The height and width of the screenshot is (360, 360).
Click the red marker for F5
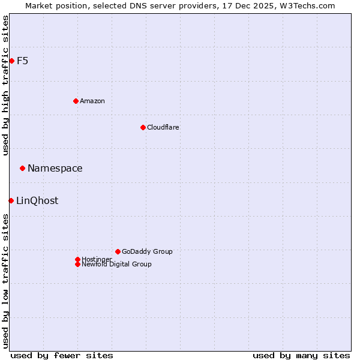(x=11, y=61)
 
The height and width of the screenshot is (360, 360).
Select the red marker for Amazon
(x=76, y=101)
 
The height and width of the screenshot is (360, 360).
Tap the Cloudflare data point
(x=143, y=127)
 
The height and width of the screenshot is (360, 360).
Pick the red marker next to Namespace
(x=22, y=168)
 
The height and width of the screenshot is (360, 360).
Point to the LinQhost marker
(x=11, y=200)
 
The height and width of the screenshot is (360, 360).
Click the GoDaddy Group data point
(x=118, y=251)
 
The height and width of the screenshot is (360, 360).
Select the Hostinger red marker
(x=77, y=259)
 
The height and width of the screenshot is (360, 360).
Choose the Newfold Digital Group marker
(x=77, y=264)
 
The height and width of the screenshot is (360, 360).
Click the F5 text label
(x=22, y=61)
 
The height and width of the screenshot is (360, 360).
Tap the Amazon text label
(x=92, y=101)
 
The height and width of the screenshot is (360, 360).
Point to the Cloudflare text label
(x=163, y=127)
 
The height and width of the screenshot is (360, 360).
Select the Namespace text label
(x=55, y=168)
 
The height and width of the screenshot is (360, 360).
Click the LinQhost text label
(x=37, y=200)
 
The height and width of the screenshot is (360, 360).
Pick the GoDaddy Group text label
(x=147, y=251)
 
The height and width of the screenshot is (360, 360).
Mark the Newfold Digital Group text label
(x=117, y=264)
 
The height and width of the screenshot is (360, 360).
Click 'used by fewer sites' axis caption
(x=62, y=355)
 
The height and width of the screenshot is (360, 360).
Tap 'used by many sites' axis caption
(x=301, y=355)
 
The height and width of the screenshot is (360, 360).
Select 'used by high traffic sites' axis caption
(x=5, y=85)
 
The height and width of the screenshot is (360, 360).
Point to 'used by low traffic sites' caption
(x=5, y=281)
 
